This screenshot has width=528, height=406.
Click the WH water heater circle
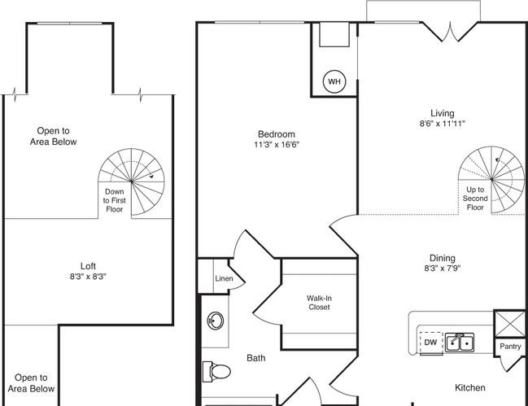[334, 81]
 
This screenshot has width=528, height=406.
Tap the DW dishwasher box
[431, 343]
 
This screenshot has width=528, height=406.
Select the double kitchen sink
[460, 343]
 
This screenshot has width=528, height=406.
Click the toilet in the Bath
[216, 372]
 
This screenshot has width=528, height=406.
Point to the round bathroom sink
[215, 321]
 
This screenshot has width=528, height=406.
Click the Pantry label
[510, 346]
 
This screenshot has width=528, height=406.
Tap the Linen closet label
[224, 278]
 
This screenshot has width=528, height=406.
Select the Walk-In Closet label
[319, 303]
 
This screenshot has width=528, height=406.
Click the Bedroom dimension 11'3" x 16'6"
[277, 145]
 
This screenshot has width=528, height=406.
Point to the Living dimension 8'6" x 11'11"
[442, 124]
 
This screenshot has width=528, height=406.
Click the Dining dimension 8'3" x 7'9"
[442, 268]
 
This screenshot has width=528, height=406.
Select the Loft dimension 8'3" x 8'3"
[88, 277]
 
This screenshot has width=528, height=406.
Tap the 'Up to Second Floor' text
[475, 199]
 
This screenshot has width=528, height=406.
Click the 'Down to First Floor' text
[114, 200]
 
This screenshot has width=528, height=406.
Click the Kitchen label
[470, 387]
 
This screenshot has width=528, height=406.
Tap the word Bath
[256, 358]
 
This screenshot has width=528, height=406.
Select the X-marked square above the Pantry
[510, 324]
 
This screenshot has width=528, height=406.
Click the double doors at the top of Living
[450, 32]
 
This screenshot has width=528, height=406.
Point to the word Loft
[88, 266]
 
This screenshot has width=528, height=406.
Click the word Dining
[442, 258]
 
